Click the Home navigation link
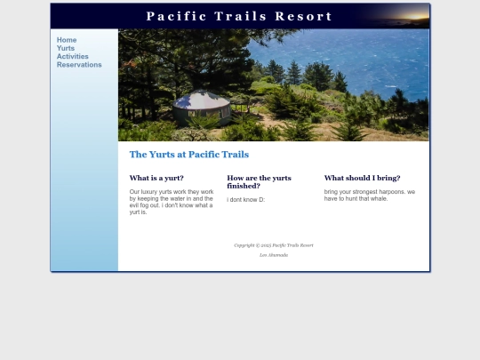tap(67, 40)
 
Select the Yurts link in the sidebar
tap(66, 48)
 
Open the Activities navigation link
tap(73, 56)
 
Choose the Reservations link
tap(79, 64)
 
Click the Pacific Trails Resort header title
tap(239, 16)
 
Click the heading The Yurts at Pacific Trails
tap(188, 155)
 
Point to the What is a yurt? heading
tap(156, 178)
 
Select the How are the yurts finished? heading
tap(259, 181)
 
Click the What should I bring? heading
tap(362, 178)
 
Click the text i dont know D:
tap(245, 200)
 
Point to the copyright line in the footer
tap(274, 245)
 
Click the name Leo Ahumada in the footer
tap(274, 255)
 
